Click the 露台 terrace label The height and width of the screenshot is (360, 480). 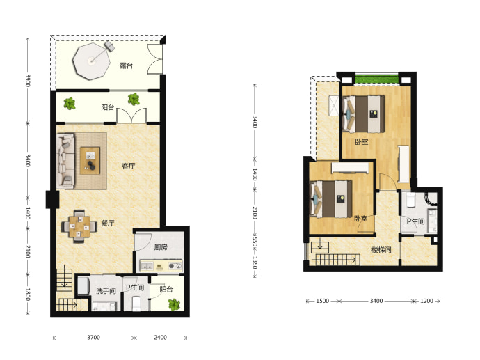(x=126, y=65)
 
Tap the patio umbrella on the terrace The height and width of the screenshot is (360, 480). (x=91, y=61)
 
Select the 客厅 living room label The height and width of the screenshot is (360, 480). (x=128, y=166)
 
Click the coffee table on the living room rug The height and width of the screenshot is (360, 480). (x=90, y=161)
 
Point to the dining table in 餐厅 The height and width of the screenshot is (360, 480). (x=79, y=227)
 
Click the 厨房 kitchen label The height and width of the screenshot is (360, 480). (x=161, y=247)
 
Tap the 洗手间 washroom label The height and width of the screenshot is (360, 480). (x=106, y=290)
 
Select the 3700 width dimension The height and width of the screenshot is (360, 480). (x=93, y=337)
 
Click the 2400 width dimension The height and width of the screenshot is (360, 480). (x=160, y=337)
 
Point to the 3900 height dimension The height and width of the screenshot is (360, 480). (x=28, y=80)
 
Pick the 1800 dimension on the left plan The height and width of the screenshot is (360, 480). (x=28, y=294)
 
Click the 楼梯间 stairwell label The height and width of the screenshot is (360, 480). (x=381, y=250)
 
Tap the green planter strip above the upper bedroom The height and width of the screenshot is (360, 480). (x=377, y=79)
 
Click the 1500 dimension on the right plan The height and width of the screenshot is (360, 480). (x=322, y=301)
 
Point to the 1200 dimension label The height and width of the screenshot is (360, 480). (x=426, y=301)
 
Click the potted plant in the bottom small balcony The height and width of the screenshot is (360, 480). (x=174, y=304)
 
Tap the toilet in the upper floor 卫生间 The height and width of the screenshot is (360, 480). (x=410, y=200)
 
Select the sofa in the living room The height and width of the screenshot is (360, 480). (x=65, y=161)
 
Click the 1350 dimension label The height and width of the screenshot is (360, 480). (x=255, y=263)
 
